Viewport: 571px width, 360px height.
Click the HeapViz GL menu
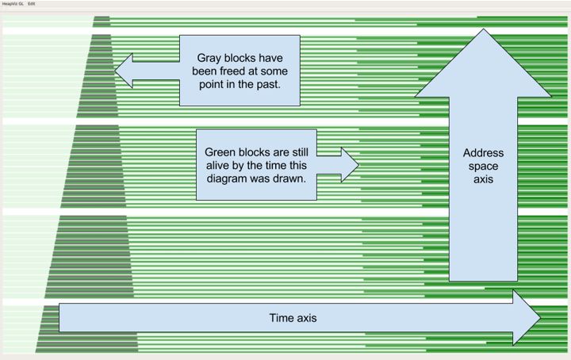(x=12, y=4)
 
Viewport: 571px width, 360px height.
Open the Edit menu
(x=32, y=4)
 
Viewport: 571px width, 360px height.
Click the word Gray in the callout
(x=212, y=59)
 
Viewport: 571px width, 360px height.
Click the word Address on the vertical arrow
(x=477, y=153)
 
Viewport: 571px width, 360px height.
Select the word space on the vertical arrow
(x=477, y=166)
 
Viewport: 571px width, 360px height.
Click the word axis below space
(x=477, y=179)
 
